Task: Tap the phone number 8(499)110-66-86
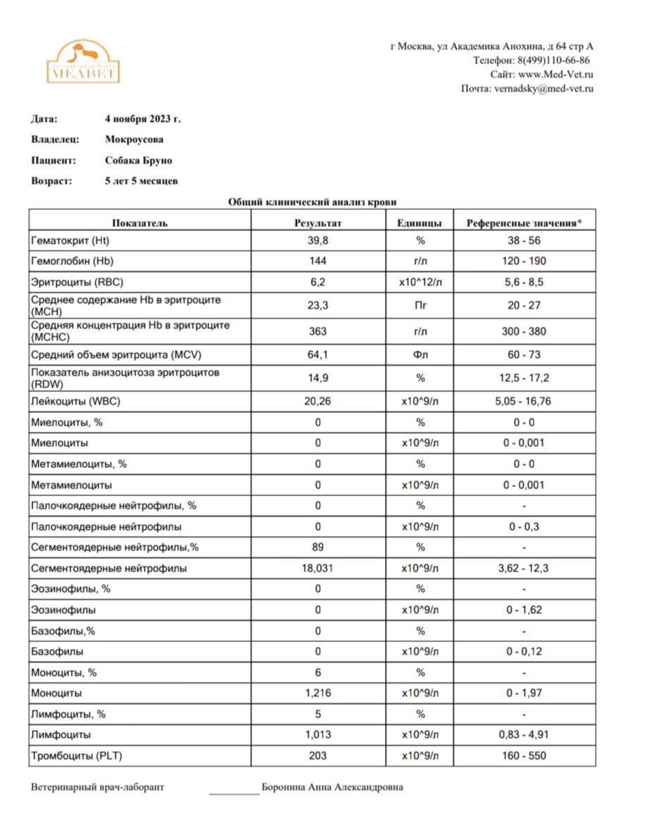click(x=553, y=61)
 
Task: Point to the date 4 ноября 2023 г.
click(x=147, y=119)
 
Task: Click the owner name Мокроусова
click(x=134, y=140)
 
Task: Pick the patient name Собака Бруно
click(x=138, y=161)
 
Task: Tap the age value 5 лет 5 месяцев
click(x=141, y=181)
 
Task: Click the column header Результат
click(x=318, y=223)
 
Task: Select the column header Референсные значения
click(x=525, y=223)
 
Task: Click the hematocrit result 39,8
click(x=318, y=240)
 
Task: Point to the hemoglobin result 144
click(x=318, y=261)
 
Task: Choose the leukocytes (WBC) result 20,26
click(x=318, y=402)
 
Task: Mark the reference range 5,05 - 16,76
click(x=525, y=402)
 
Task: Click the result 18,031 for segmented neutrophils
click(x=318, y=568)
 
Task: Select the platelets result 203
click(x=318, y=756)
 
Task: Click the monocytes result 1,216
click(x=318, y=694)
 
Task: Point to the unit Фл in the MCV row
click(x=420, y=354)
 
